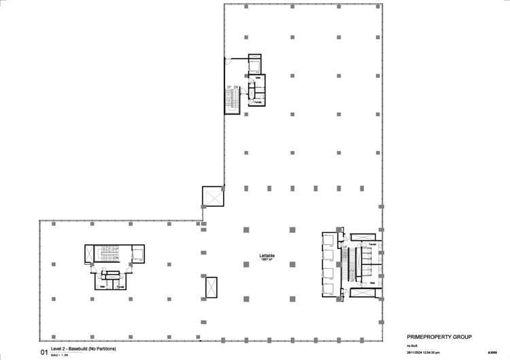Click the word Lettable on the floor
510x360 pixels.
(x=267, y=256)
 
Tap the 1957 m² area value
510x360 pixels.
(x=267, y=261)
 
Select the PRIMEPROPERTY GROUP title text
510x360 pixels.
(x=439, y=337)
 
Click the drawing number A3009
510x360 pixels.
(x=492, y=353)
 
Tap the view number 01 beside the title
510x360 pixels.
(x=45, y=353)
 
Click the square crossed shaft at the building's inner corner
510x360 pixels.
(x=213, y=196)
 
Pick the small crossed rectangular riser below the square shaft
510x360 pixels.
(x=211, y=287)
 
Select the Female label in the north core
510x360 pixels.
(x=258, y=103)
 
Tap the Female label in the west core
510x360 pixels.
(x=120, y=287)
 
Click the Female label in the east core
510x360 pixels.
(x=373, y=244)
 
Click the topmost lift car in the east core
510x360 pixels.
(x=329, y=240)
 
